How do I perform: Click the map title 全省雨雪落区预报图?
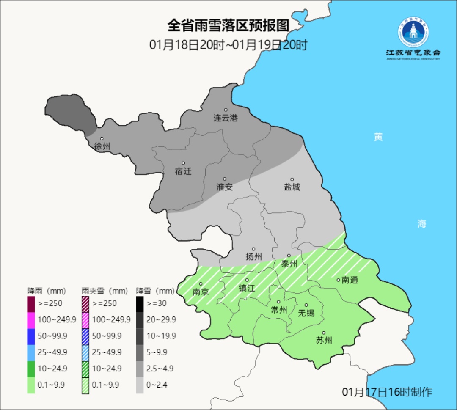[228, 26]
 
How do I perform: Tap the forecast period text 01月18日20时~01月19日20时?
[228, 45]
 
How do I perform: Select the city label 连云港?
[226, 118]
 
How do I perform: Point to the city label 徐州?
[102, 146]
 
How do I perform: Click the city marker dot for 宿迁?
[183, 163]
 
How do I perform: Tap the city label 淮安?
[225, 187]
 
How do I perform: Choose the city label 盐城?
[292, 187]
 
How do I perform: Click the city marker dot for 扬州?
[253, 249]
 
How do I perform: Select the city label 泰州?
[289, 264]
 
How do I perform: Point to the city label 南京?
[201, 292]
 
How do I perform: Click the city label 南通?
[350, 280]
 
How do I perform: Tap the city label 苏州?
[324, 341]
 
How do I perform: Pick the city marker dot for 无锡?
[306, 305]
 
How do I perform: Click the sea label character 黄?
[378, 137]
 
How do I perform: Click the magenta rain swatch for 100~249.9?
[31, 319]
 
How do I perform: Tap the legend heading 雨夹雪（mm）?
[105, 291]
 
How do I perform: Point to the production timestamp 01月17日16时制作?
[387, 392]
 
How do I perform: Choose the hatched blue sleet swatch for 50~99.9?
[85, 336]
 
